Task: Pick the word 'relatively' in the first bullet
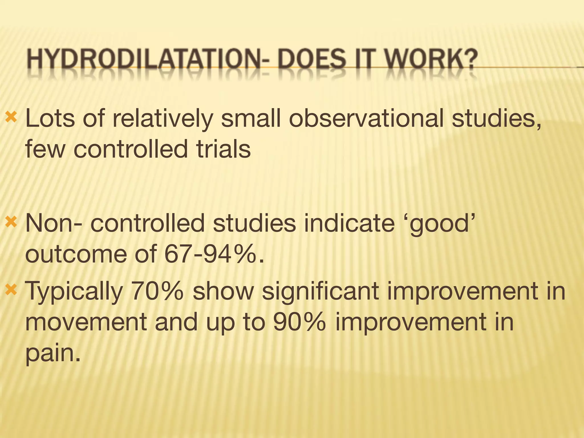[163, 119]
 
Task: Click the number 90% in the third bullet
[299, 322]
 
